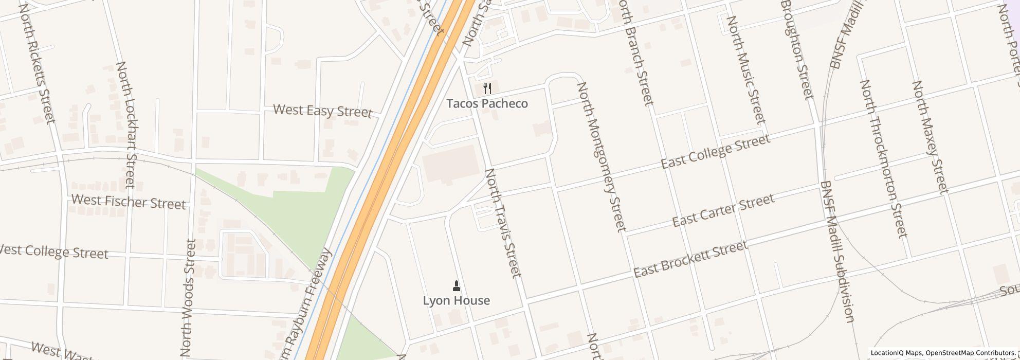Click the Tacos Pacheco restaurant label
tap(487, 103)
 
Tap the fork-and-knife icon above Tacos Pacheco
tap(487, 89)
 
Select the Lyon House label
tap(456, 300)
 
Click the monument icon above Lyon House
tap(456, 285)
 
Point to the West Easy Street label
tap(322, 111)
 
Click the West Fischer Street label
tap(129, 202)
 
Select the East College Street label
tap(715, 152)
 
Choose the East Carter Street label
tap(723, 211)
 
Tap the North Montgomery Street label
tap(602, 156)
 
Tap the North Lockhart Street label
tap(126, 124)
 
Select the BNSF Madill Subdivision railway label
tap(837, 252)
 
